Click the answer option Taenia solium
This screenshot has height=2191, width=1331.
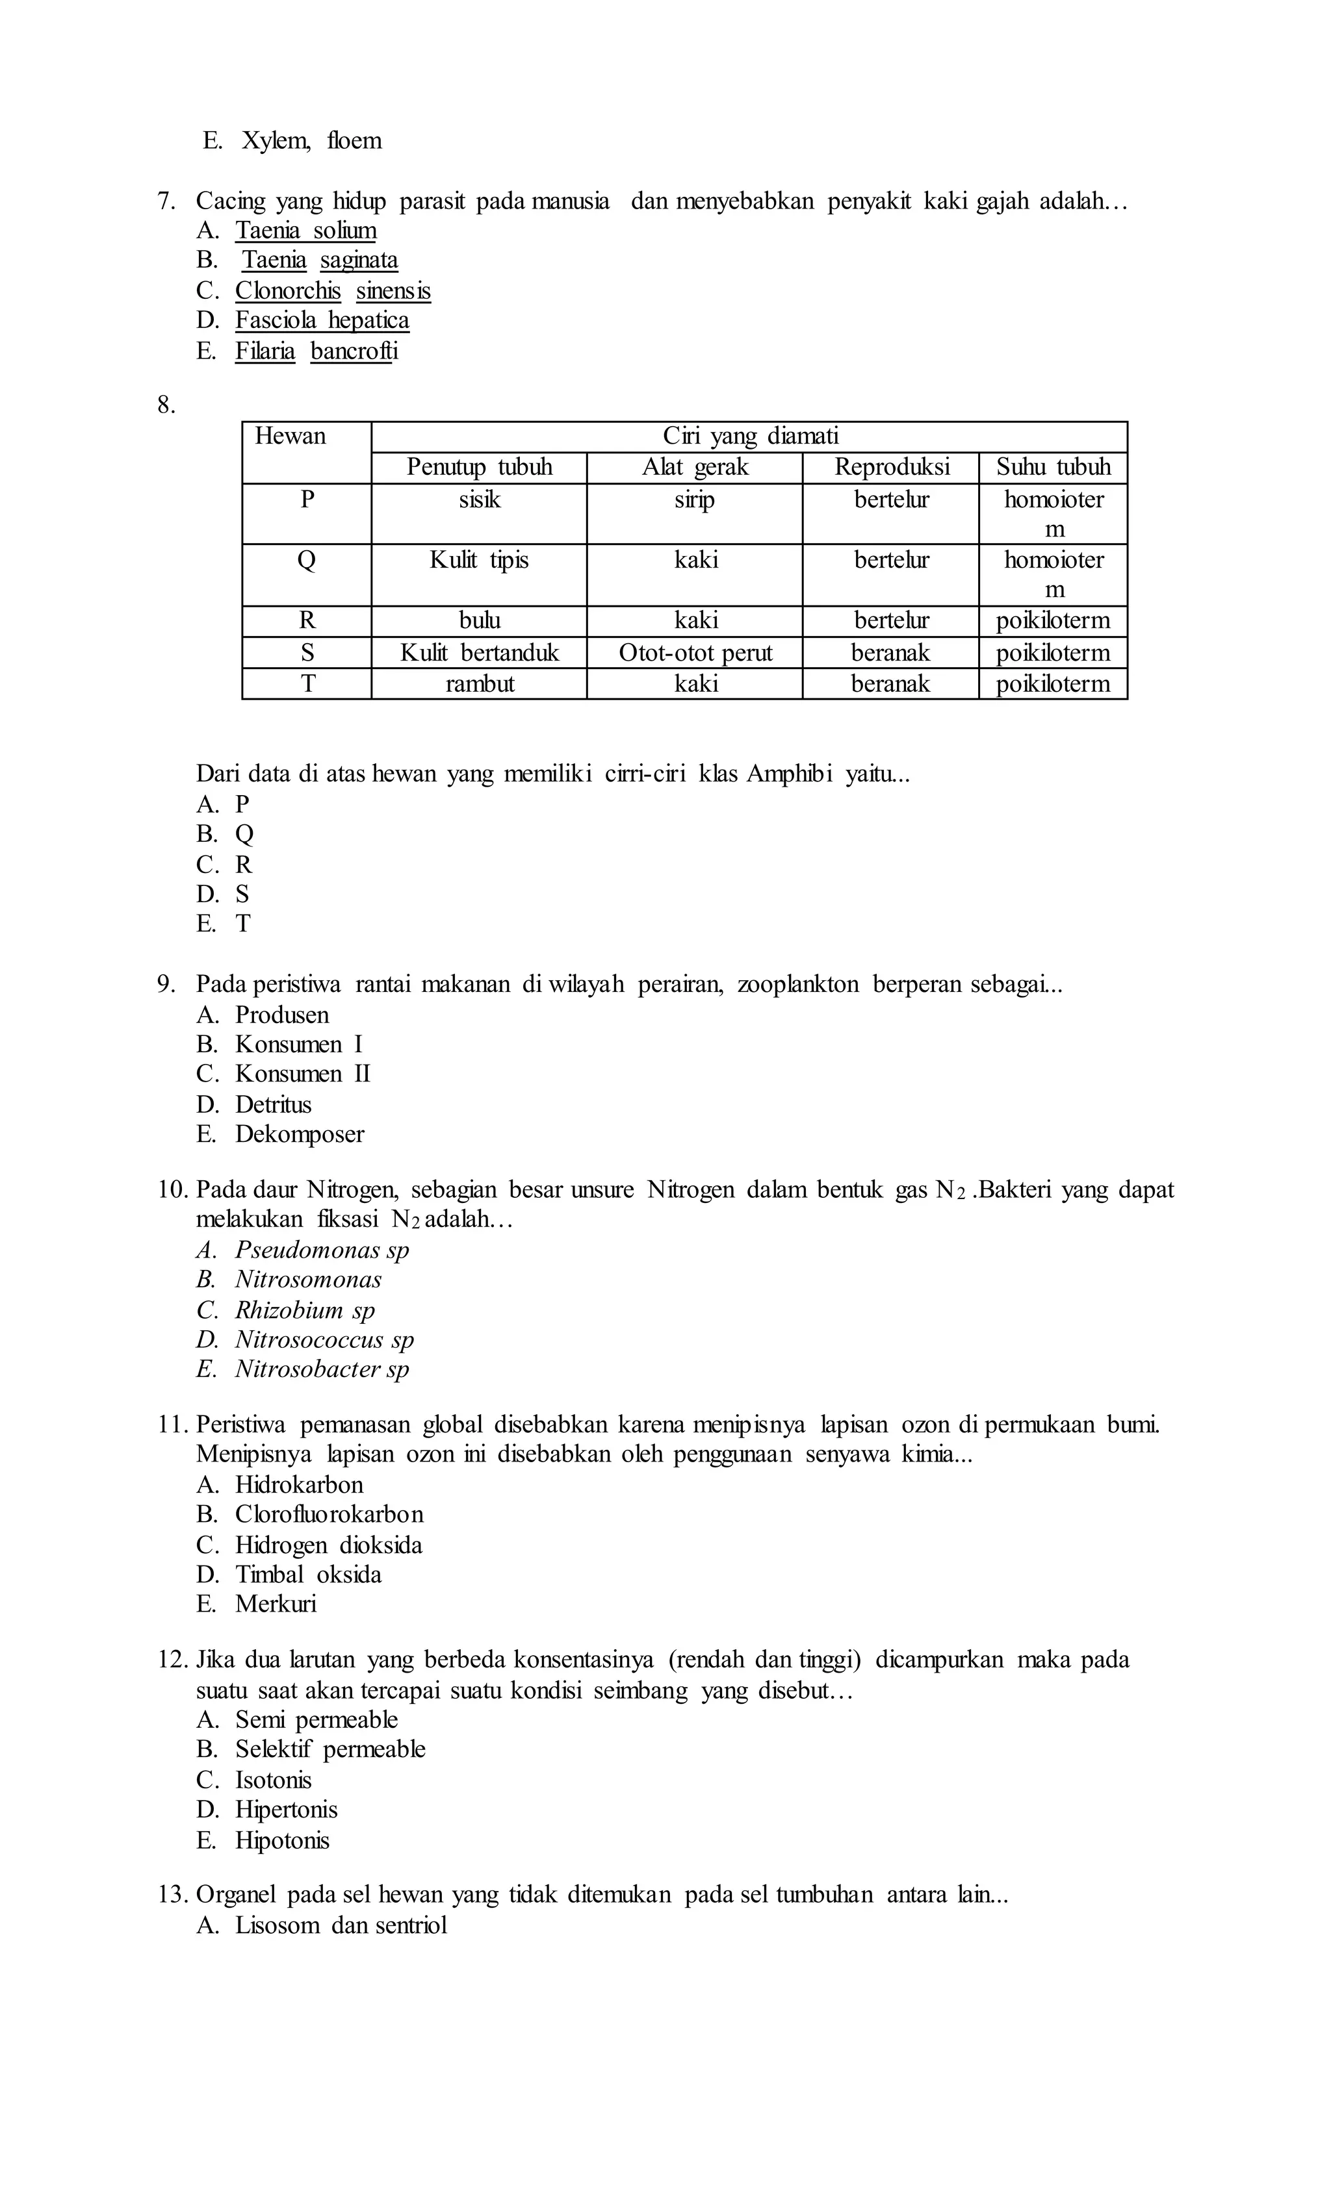click(x=305, y=231)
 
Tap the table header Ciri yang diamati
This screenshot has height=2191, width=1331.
click(x=749, y=437)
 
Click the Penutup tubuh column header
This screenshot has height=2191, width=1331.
click(x=479, y=468)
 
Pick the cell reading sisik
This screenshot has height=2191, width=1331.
click(x=479, y=500)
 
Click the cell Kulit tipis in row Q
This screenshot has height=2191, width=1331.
click(x=479, y=560)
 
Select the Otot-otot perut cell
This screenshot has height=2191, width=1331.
click(x=695, y=653)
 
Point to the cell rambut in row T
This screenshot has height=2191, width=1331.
click(x=479, y=684)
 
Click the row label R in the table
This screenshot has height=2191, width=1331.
click(x=307, y=621)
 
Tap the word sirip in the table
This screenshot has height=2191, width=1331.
click(x=695, y=500)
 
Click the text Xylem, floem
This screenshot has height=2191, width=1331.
click(x=311, y=140)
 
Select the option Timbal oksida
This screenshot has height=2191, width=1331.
click(x=308, y=1575)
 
